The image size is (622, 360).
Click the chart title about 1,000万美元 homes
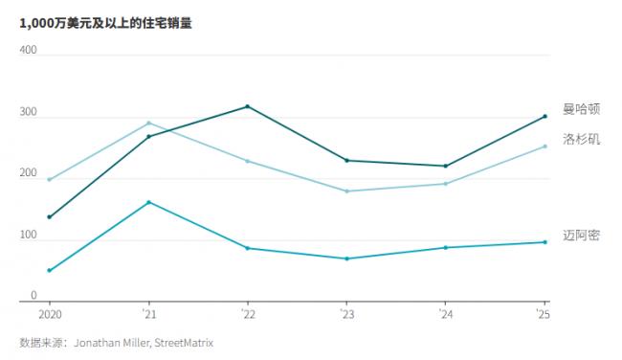coord(105,24)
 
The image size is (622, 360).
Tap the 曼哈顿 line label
coord(581,110)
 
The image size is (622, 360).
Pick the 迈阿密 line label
coord(581,236)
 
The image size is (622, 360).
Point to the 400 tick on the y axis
coord(28,50)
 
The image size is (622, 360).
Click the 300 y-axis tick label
coord(28,111)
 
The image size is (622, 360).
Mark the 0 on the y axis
coord(33,295)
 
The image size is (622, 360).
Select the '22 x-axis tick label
coord(247,314)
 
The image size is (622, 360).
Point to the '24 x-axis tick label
coord(445,314)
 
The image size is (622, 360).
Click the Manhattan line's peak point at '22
coord(248,106)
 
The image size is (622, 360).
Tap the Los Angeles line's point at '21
coord(148,123)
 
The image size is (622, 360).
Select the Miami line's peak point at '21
coord(148,202)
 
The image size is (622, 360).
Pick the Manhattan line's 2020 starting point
coord(49,216)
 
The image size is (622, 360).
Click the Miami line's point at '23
coord(346,259)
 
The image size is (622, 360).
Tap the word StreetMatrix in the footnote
coord(183,342)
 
